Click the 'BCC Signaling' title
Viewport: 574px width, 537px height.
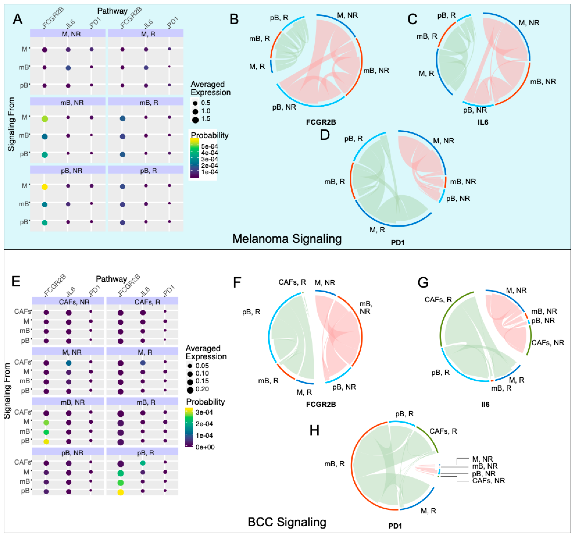pos(287,522)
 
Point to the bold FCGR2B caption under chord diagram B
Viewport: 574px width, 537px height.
pos(321,122)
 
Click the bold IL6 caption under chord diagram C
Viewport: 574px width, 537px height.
pos(483,122)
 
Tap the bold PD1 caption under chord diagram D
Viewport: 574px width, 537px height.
pos(398,243)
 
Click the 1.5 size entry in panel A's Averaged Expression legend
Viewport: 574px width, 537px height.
pos(206,119)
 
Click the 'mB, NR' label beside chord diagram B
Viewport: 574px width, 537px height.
pos(376,70)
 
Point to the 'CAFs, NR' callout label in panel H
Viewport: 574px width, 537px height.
pos(488,481)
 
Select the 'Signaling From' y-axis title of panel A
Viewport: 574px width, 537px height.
pos(11,124)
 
